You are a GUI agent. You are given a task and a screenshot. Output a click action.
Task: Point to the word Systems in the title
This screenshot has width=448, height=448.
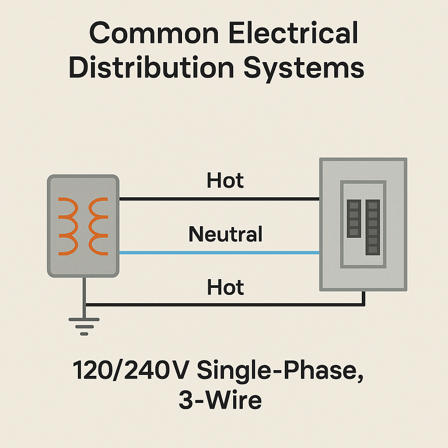coord(304,69)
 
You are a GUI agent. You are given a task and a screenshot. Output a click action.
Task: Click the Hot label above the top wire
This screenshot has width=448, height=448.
coord(225,180)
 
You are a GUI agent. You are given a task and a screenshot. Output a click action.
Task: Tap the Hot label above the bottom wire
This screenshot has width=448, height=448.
coord(225,287)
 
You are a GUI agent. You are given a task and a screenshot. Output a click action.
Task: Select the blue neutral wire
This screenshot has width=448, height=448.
coord(219,252)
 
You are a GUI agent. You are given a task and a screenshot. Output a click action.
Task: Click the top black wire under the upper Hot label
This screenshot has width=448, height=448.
coord(219,199)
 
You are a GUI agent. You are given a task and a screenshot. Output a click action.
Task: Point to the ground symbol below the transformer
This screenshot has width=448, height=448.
coord(84,326)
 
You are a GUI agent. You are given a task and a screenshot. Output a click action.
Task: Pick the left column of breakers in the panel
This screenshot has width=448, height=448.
coord(353,219)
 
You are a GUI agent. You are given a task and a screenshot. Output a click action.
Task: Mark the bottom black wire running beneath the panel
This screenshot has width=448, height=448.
coord(219,304)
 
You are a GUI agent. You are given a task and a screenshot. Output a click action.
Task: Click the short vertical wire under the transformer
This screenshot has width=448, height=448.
coord(84,291)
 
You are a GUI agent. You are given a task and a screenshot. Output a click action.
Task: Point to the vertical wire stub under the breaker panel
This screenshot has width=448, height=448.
coord(363,298)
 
